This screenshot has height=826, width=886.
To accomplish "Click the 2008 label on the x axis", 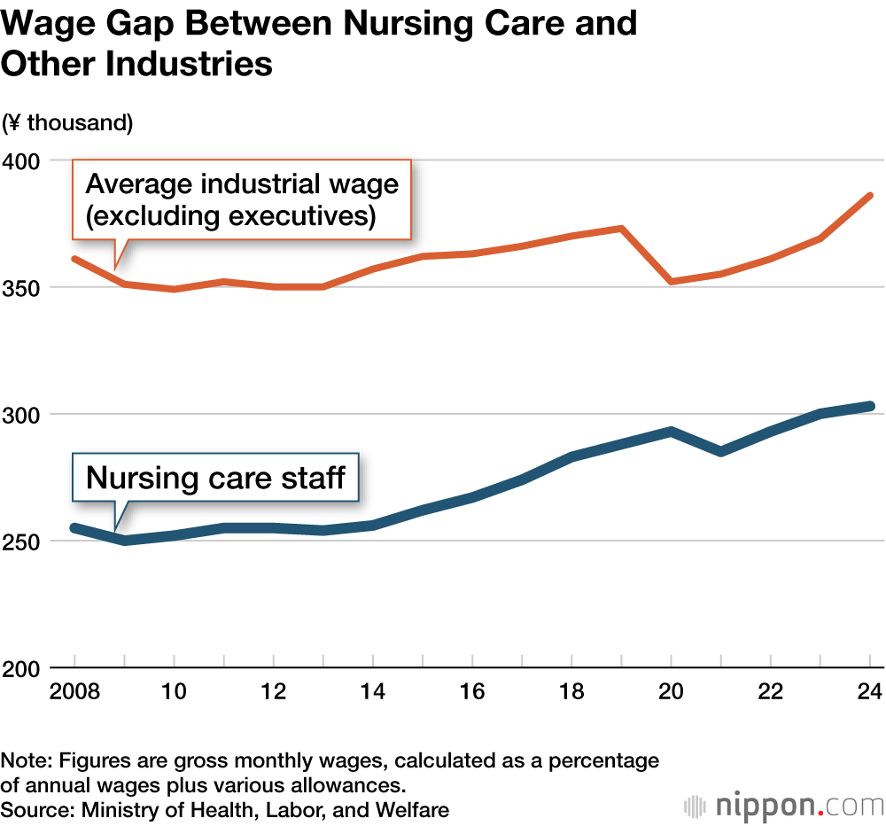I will (74, 691).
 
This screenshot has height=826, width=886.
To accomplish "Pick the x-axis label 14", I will (374, 691).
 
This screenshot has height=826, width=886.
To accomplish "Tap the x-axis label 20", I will (672, 691).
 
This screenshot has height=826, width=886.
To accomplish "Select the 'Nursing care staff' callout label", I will (215, 479).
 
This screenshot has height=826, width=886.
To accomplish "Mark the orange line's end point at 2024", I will (870, 195).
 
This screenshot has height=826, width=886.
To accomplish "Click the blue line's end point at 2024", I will (870, 406).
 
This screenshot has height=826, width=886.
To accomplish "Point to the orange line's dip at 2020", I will (672, 281).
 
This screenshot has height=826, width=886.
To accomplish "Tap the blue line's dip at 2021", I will (721, 452).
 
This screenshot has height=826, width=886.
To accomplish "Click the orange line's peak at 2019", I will (622, 229).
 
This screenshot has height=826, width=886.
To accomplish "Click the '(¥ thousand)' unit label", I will (67, 123).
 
